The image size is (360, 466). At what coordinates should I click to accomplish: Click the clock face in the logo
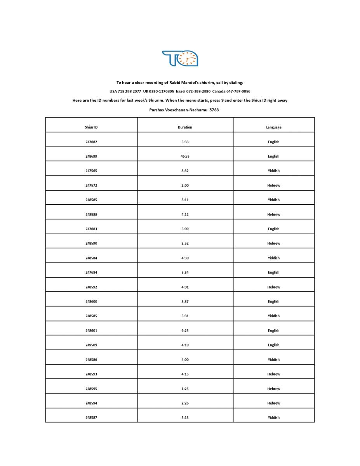coord(188,59)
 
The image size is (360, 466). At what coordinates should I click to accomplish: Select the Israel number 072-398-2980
coord(198,91)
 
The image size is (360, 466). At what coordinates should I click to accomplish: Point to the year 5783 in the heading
coord(214,110)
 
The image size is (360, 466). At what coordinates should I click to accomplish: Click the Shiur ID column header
coord(91,127)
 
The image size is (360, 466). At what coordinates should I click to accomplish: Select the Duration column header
coord(185,127)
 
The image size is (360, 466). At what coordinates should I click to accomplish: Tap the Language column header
coord(274,127)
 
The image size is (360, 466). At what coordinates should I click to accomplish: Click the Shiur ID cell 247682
coord(91,142)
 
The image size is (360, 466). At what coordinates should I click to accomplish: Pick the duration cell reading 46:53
coord(185,156)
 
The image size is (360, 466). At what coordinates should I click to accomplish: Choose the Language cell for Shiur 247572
coord(274,186)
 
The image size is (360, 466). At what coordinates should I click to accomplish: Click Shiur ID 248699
coord(91,156)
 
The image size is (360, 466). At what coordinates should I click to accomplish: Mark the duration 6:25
coord(185,331)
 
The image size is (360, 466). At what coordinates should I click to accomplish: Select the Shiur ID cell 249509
coord(91,345)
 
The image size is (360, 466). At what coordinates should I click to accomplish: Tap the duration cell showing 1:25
coord(185,389)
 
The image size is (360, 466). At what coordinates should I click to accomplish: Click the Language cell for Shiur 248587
coord(274,418)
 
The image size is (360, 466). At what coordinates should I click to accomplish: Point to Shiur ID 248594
coord(91,403)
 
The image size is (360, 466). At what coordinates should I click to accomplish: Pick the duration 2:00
coord(185,186)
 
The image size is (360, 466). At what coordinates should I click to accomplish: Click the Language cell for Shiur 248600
coord(274,302)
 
